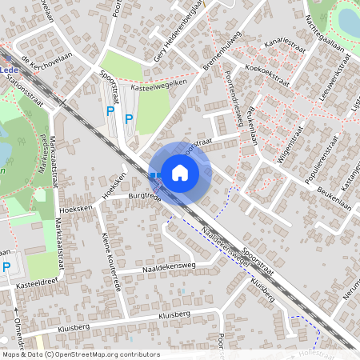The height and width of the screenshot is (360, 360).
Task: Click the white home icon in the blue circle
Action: click(180, 172)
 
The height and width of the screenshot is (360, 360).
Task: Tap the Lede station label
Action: click(10, 70)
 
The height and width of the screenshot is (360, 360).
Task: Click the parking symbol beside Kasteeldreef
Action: click(7, 266)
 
